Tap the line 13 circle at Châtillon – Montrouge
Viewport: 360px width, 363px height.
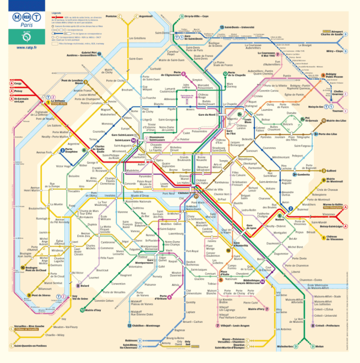pos(130,325)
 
